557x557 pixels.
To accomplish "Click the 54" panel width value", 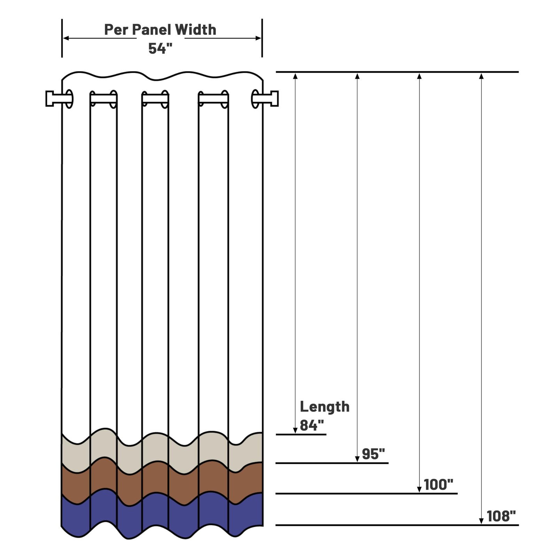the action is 160,48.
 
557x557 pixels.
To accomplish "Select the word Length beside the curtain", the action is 324,407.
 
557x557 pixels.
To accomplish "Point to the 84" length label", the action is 312,425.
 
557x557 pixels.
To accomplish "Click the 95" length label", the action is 373,454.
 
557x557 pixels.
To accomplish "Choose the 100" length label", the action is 438,484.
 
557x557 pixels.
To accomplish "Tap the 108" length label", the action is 501,516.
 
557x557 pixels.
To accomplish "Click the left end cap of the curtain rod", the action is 50,99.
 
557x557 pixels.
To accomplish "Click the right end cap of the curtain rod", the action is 274,99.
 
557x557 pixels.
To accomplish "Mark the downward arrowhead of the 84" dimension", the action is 295,431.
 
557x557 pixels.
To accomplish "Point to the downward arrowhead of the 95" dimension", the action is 357,459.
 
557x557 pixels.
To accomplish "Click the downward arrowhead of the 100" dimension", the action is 419,489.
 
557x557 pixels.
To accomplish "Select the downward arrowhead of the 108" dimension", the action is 481,521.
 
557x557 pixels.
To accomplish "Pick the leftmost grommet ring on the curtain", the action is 69,99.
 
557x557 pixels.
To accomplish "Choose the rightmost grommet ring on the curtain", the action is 255,99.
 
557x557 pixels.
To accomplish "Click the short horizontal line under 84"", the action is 301,434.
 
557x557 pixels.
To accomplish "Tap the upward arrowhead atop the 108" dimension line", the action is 481,76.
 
